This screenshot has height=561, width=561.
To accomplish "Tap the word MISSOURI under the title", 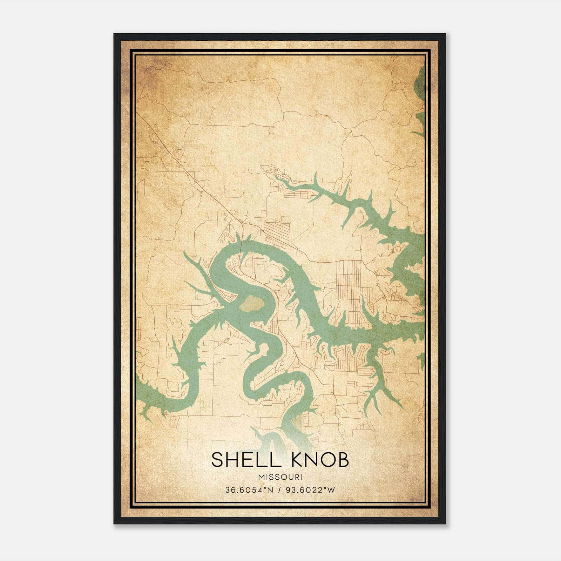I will [280, 477].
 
